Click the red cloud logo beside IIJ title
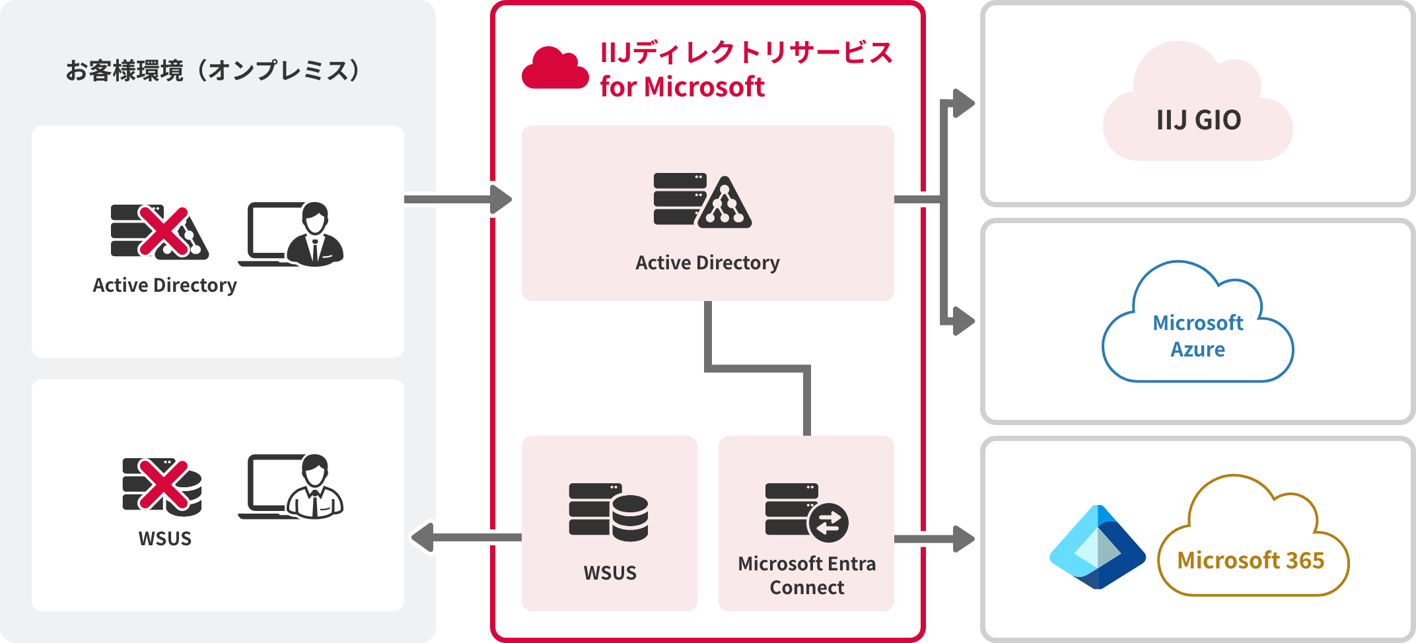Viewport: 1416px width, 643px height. pos(555,69)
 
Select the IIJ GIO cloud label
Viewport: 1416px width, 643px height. pos(1198,120)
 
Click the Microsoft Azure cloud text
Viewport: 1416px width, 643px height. pos(1197,335)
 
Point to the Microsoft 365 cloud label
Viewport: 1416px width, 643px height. pos(1250,560)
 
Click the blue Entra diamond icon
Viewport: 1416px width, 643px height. pos(1098,547)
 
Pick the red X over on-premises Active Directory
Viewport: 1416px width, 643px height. pos(164,231)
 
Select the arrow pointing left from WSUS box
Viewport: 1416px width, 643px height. pos(462,537)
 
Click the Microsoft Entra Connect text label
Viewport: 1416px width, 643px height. pos(806,575)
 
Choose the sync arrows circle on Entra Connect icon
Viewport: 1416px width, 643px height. pos(828,524)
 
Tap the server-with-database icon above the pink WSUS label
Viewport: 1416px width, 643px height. pos(608,512)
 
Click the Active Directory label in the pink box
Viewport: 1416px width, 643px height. pos(707,263)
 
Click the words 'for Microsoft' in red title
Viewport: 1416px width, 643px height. pos(682,87)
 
